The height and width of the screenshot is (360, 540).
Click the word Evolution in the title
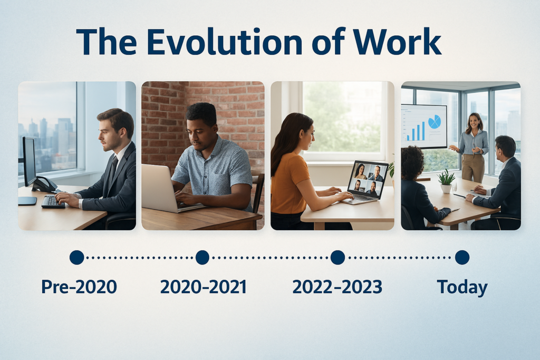(x=224, y=42)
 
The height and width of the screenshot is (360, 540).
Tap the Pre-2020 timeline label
(x=79, y=287)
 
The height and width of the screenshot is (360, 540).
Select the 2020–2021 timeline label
(x=203, y=287)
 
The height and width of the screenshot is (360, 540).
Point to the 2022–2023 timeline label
(x=337, y=287)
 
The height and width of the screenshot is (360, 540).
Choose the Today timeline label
(x=462, y=288)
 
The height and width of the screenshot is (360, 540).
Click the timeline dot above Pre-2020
(x=77, y=257)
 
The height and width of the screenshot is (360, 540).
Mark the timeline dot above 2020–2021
(x=202, y=257)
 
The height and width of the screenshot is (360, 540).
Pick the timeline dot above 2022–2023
(x=337, y=257)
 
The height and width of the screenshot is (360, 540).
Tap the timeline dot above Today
(x=462, y=257)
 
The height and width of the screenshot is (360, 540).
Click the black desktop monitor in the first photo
(x=29, y=162)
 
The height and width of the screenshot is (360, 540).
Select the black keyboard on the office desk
(x=53, y=202)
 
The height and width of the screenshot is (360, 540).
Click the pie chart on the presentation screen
(x=435, y=121)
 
